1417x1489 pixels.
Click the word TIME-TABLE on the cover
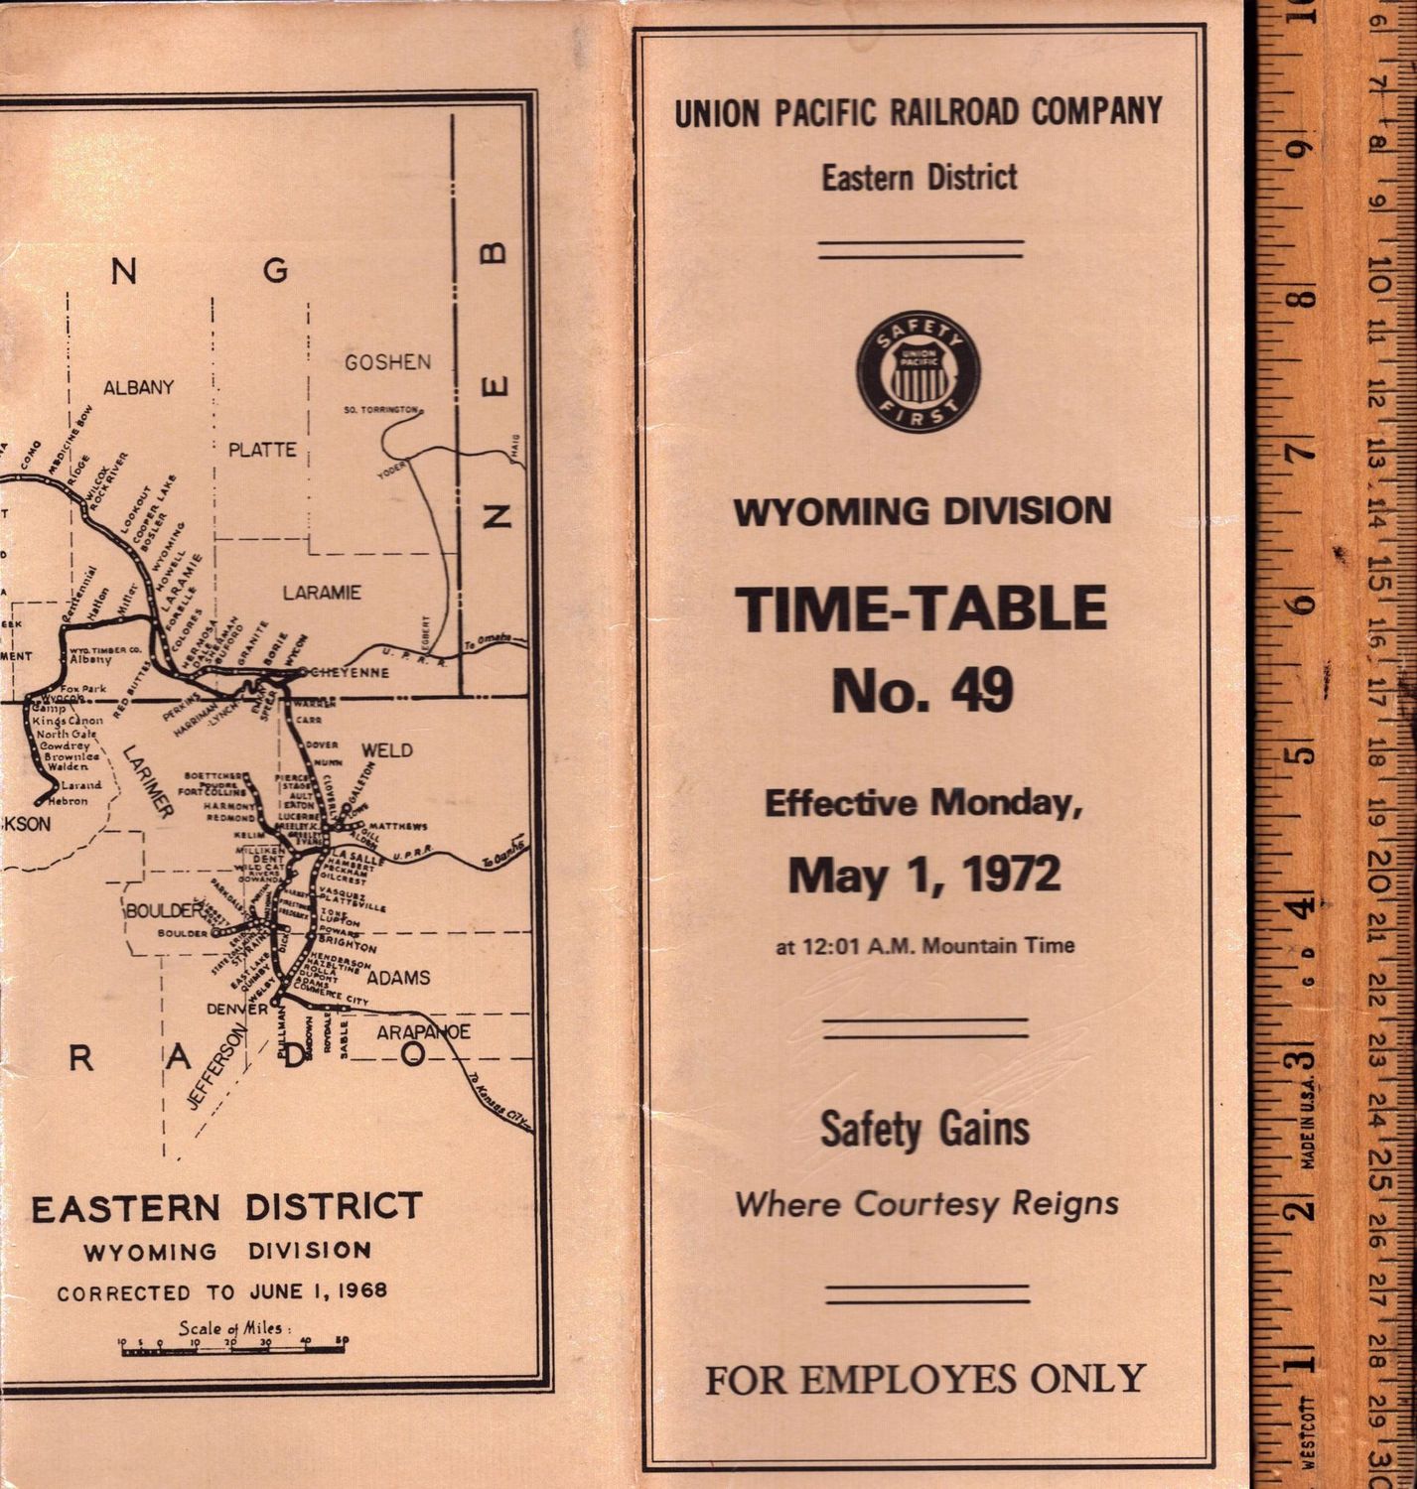921,609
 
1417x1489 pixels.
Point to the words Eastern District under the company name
919,178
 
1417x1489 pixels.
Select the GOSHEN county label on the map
387,362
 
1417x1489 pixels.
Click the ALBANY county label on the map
138,387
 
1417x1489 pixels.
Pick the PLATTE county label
262,450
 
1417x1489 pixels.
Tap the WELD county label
386,749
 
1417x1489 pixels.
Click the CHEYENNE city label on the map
347,672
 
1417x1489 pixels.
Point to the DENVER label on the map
237,1009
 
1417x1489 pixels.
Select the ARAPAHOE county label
423,1032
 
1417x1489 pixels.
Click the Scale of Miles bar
232,1347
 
